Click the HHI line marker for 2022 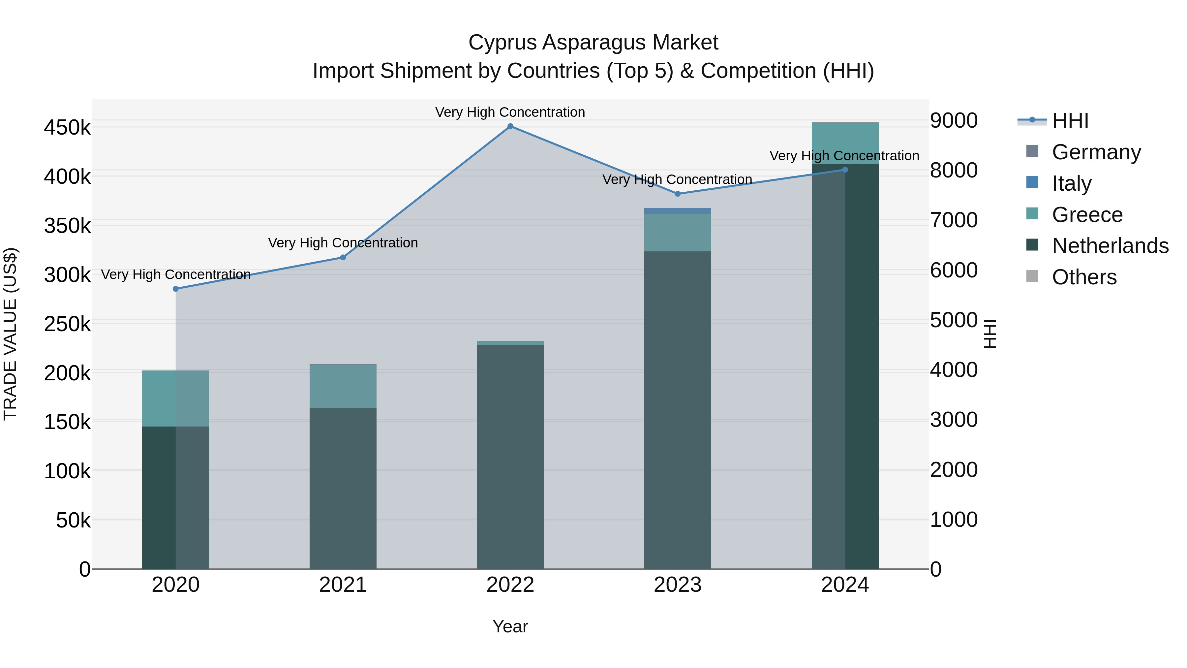click(510, 126)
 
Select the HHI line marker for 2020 click(175, 289)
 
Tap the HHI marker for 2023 click(677, 194)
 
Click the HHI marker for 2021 click(343, 258)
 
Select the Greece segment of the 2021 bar click(343, 386)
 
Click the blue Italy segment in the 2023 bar click(677, 211)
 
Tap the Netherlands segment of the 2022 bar click(510, 457)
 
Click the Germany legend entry click(1096, 152)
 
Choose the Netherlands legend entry click(1110, 246)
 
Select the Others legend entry click(1084, 277)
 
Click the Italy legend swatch click(1032, 182)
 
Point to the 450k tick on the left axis click(67, 127)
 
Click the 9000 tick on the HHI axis click(953, 121)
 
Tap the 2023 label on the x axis click(677, 585)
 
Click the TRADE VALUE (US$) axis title click(10, 334)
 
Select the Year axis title click(510, 626)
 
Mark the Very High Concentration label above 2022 click(510, 112)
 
